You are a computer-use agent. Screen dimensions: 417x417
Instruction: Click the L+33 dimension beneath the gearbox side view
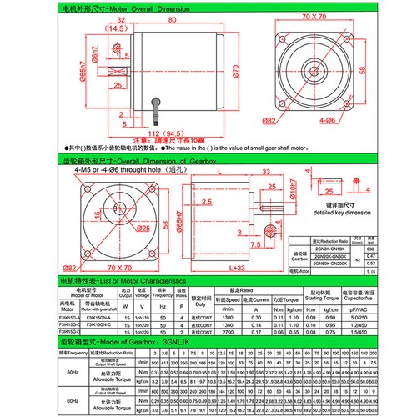[x=235, y=268]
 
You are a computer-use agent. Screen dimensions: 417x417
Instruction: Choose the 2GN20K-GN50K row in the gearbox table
[x=332, y=255]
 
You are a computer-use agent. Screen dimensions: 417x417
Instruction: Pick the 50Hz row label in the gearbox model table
[x=49, y=363]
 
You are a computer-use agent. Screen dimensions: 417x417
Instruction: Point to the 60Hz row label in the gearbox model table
[x=49, y=399]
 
